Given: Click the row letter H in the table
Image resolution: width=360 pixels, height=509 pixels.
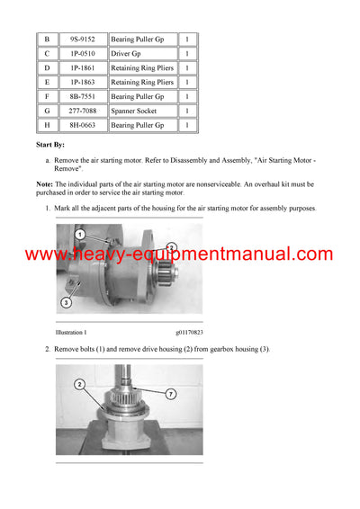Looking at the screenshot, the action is (x=48, y=126).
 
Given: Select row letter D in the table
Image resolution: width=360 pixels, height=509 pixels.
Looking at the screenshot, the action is (x=48, y=68).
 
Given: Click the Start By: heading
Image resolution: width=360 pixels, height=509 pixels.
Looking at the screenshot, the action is (x=50, y=144).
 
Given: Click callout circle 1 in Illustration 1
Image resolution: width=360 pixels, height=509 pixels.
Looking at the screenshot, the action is (x=80, y=235).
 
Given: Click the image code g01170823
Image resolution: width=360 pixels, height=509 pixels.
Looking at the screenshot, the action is (x=189, y=333).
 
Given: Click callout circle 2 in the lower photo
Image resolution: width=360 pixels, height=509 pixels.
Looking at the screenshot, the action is (x=80, y=384).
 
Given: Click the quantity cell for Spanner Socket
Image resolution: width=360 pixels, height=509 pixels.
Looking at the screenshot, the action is (x=187, y=112).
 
